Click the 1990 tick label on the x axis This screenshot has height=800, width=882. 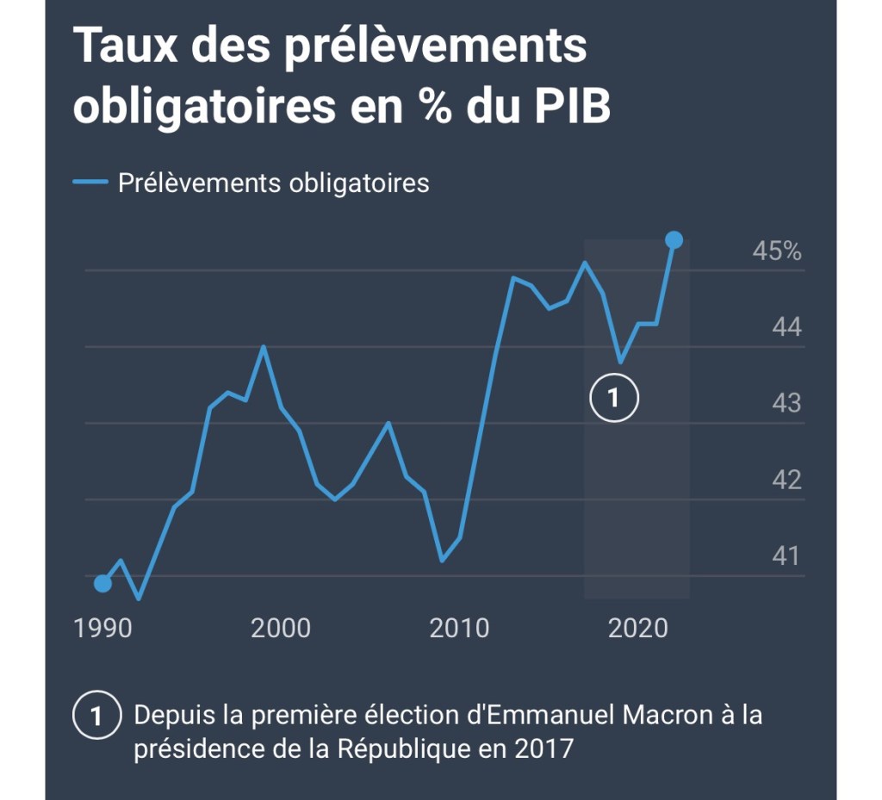[103, 628]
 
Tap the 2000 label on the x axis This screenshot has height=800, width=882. [281, 628]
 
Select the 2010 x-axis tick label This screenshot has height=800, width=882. [459, 628]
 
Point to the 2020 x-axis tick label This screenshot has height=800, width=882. [638, 628]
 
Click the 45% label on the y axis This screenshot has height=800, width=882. [777, 251]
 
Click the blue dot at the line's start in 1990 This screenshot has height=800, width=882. [102, 584]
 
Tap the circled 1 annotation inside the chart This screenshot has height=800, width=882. [614, 398]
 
